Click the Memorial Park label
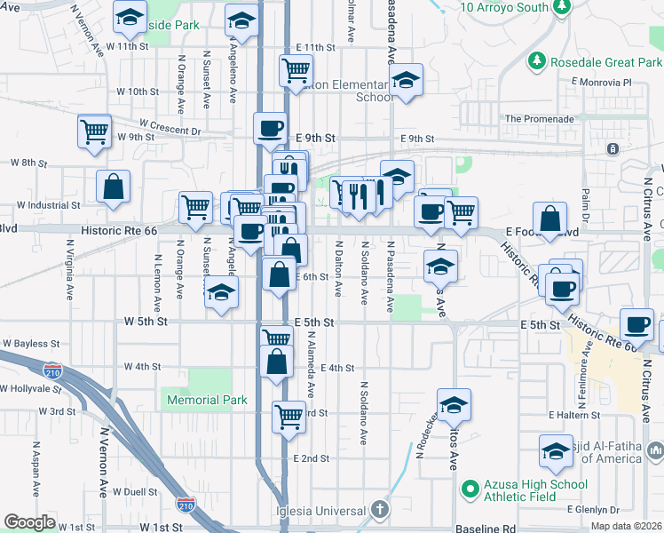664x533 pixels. pos(208,401)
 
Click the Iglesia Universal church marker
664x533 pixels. pos(379,510)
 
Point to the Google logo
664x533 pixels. pos(29,522)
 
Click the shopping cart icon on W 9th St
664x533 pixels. pos(93,131)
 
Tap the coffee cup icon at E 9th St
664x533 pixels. pos(270,128)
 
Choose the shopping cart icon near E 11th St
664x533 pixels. pos(296,69)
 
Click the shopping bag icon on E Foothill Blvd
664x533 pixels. pos(549,219)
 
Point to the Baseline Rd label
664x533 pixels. pos(486,529)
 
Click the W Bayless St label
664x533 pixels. pos(31,343)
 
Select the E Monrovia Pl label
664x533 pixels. pos(601,82)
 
